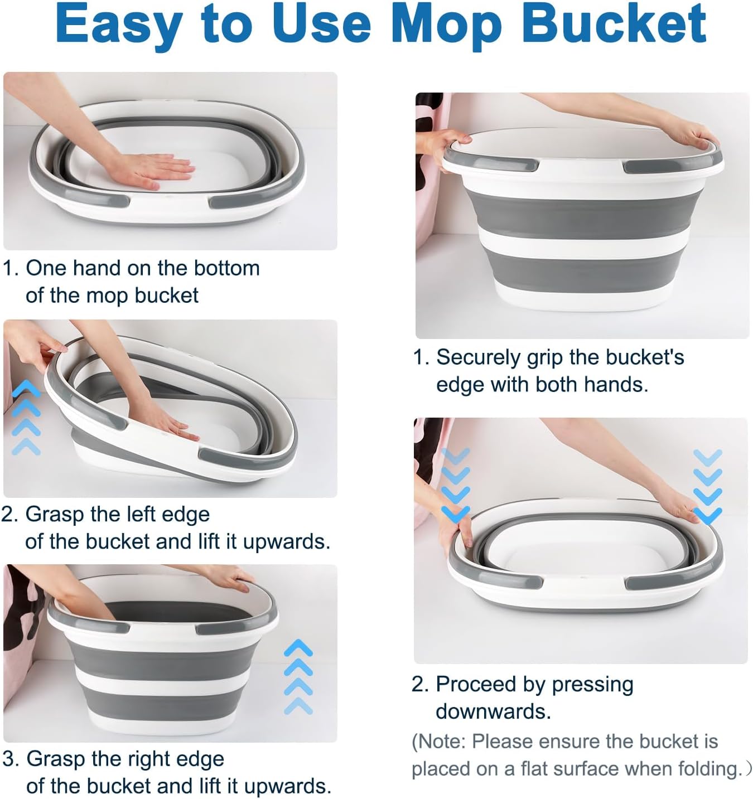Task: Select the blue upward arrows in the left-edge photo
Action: (x=26, y=418)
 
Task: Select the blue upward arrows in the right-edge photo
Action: (x=298, y=677)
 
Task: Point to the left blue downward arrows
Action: (x=455, y=485)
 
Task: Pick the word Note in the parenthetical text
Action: (x=441, y=742)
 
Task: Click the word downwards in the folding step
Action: (x=493, y=711)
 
